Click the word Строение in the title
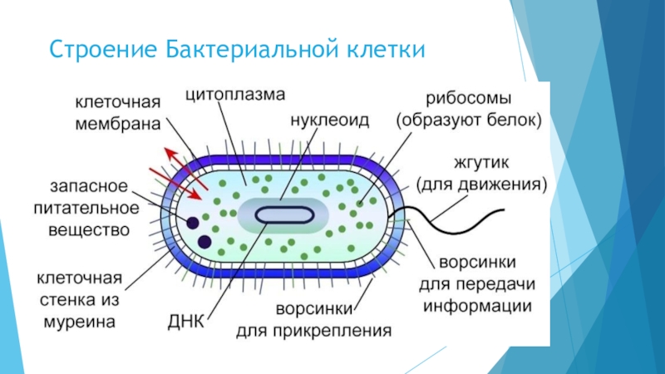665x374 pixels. tap(101, 51)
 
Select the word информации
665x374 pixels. tap(477, 304)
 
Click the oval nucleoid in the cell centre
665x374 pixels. tap(284, 214)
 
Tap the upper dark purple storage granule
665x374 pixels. tap(193, 223)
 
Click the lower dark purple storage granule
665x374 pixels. tap(204, 242)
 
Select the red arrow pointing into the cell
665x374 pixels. tap(185, 185)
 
